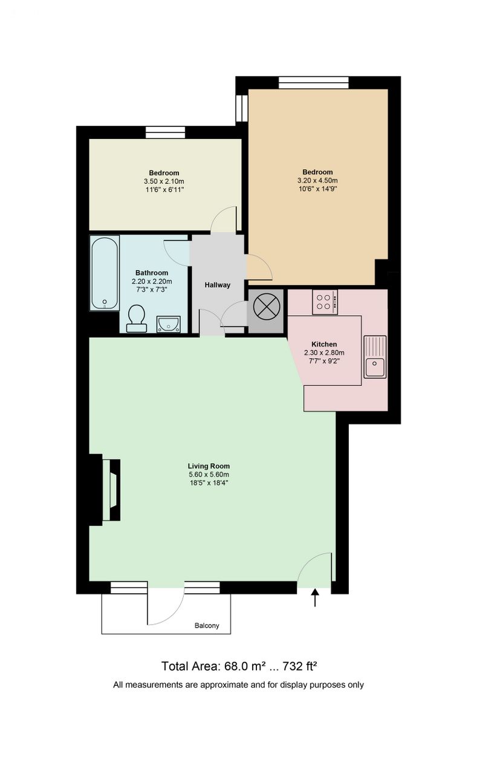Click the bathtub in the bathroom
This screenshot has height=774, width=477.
[105, 273]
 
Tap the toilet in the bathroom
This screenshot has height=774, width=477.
[137, 318]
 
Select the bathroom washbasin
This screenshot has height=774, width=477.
[169, 324]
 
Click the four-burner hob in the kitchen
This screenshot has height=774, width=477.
[325, 302]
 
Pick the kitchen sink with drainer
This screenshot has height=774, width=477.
[375, 357]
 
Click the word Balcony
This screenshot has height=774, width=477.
[207, 625]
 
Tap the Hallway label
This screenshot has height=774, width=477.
[217, 285]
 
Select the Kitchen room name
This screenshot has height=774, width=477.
[324, 344]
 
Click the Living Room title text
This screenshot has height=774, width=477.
[209, 466]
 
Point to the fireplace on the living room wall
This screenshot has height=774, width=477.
[111, 490]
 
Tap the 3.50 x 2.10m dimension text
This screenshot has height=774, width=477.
[164, 181]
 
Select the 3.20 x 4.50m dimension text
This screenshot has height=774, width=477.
[317, 180]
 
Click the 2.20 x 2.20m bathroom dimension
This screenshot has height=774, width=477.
[152, 281]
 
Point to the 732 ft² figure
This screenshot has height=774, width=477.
[300, 666]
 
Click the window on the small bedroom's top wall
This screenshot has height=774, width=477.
[165, 132]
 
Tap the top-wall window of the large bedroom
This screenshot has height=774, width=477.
[314, 83]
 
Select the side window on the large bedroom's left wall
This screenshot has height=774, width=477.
[242, 108]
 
